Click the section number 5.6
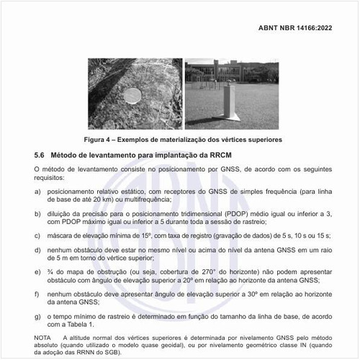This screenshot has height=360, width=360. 40,155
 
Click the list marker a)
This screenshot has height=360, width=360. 37,192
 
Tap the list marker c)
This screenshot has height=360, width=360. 37,235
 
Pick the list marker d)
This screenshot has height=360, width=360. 37,249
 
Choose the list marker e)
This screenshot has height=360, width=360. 37,271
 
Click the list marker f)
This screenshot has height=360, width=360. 37,294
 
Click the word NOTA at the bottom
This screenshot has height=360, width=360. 42,337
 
